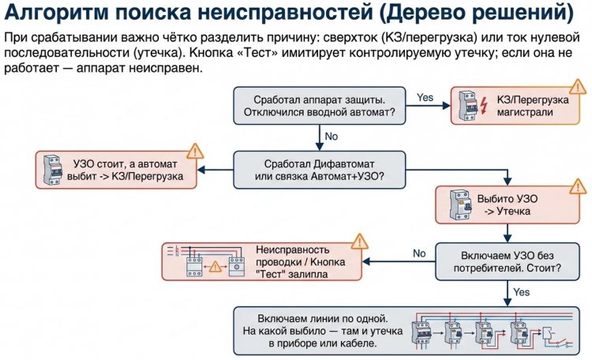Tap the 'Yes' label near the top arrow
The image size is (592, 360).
click(425, 97)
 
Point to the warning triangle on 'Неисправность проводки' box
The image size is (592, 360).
click(360, 241)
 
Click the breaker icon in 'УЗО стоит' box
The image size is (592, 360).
click(55, 170)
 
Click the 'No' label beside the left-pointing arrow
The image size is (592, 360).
click(419, 253)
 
